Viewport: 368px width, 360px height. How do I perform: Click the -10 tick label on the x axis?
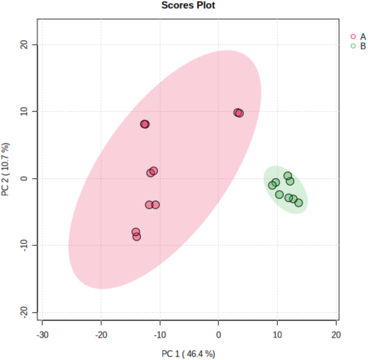[x=160, y=334]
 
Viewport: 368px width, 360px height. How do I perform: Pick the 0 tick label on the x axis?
[x=219, y=334]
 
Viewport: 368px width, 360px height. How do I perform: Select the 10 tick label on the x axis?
[x=277, y=334]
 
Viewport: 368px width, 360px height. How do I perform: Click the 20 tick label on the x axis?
[x=336, y=334]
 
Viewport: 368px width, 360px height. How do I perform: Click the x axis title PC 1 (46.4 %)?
[x=189, y=353]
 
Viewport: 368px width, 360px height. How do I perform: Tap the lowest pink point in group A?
[x=136, y=237]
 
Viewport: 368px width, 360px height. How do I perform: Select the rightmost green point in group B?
[x=299, y=203]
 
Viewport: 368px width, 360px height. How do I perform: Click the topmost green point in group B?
[x=288, y=176]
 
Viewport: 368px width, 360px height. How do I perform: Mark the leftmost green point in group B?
[x=272, y=185]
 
